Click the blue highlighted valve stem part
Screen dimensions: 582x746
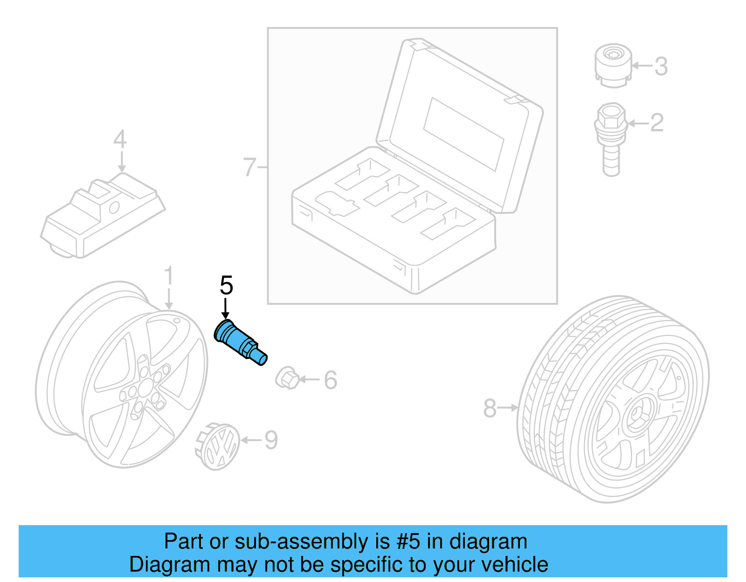(x=239, y=342)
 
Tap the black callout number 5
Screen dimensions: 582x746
(x=226, y=285)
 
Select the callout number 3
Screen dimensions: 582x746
(x=661, y=66)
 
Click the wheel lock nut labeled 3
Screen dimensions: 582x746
(x=613, y=66)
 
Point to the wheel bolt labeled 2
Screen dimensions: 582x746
(x=610, y=138)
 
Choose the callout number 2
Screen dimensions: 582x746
(x=656, y=123)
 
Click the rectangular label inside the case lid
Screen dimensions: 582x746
(x=463, y=134)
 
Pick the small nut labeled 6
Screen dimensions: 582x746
(x=286, y=379)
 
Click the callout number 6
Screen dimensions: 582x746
(x=330, y=380)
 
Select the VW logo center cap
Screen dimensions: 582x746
(x=218, y=446)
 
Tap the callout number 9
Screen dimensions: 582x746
(x=271, y=440)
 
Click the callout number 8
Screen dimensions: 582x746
(x=490, y=408)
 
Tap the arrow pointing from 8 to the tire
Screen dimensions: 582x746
(x=508, y=408)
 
